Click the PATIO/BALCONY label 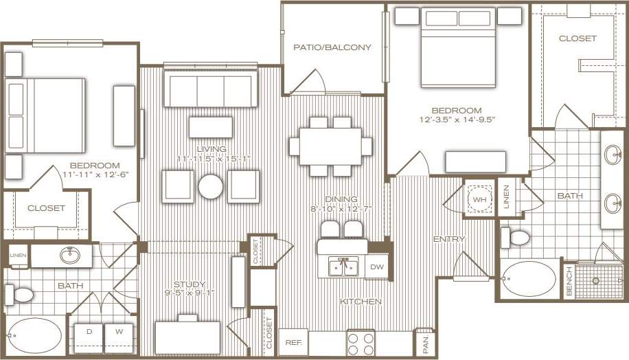(332, 47)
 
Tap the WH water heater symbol (479, 199)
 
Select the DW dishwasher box (377, 267)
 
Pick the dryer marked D (89, 331)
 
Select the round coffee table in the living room (211, 186)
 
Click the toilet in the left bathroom (20, 295)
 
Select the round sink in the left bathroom (69, 256)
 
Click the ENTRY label (449, 239)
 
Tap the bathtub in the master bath (527, 279)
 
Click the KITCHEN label (361, 302)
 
